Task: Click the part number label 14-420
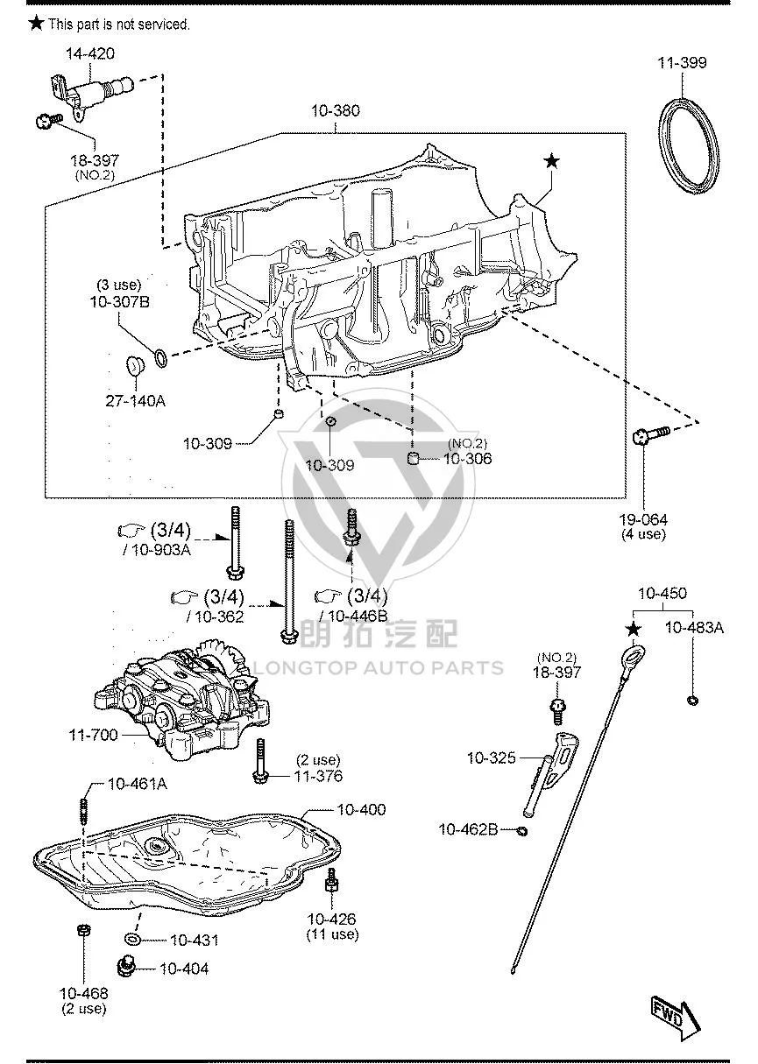point(90,53)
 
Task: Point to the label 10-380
point(336,110)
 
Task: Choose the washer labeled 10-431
point(132,939)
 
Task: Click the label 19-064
point(643,519)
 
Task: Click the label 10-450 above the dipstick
point(662,593)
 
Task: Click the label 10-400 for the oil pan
point(361,809)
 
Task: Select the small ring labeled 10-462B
point(522,831)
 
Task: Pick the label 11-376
point(318,776)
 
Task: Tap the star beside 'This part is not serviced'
point(37,23)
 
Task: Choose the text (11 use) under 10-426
point(332,934)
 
